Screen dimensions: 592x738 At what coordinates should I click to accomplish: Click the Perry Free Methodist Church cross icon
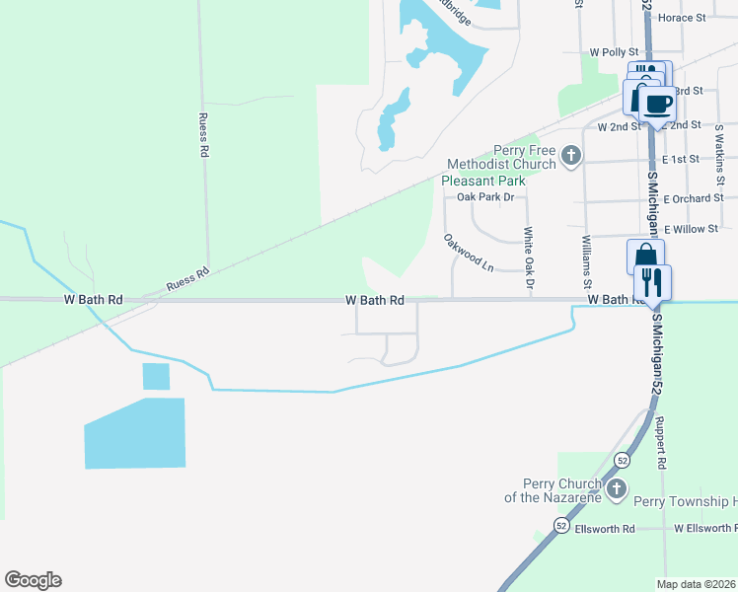[x=570, y=155]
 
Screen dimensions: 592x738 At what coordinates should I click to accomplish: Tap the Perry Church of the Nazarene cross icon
[x=617, y=489]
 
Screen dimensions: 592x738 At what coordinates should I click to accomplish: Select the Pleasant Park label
[x=482, y=181]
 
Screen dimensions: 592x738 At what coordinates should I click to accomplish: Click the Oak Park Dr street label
[x=486, y=197]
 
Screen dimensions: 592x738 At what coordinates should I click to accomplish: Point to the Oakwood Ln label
[x=468, y=252]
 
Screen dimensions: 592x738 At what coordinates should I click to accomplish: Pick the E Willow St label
[x=691, y=229]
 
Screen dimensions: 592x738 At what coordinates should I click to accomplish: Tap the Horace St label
[x=682, y=18]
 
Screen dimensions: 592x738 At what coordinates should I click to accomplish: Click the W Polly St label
[x=609, y=51]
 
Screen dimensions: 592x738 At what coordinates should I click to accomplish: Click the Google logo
[x=33, y=580]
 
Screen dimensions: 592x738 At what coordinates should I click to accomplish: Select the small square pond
[x=156, y=376]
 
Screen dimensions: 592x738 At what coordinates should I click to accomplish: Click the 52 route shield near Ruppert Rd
[x=622, y=460]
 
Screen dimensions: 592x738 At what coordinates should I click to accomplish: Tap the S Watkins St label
[x=720, y=164]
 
